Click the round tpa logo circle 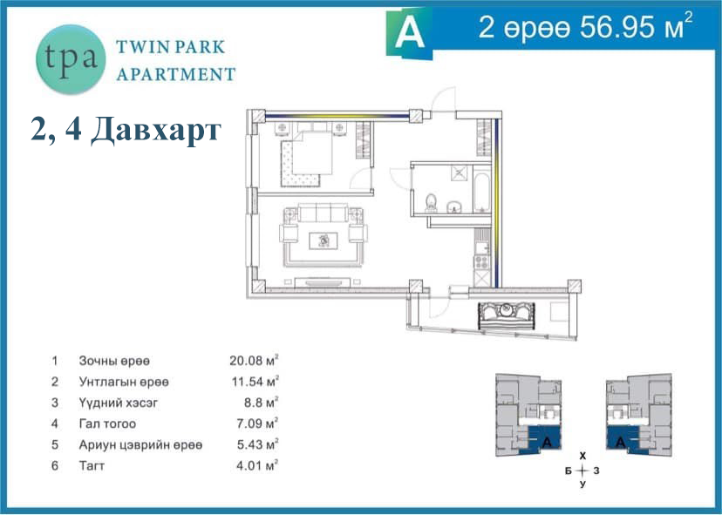pyautogui.click(x=71, y=59)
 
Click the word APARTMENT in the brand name pyautogui.click(x=176, y=74)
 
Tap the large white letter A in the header pyautogui.click(x=409, y=33)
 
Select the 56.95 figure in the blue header pyautogui.click(x=617, y=28)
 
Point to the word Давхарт pyautogui.click(x=156, y=130)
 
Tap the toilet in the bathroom pyautogui.click(x=431, y=202)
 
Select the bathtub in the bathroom pyautogui.click(x=482, y=192)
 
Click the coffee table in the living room pyautogui.click(x=324, y=241)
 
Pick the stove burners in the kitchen pyautogui.click(x=481, y=262)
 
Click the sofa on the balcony pyautogui.click(x=506, y=315)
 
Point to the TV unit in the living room pyautogui.click(x=323, y=282)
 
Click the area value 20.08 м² pyautogui.click(x=254, y=360)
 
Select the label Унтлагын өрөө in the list pyautogui.click(x=124, y=382)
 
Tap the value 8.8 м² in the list pyautogui.click(x=261, y=403)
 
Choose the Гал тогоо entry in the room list pyautogui.click(x=107, y=424)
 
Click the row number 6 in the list pyautogui.click(x=55, y=465)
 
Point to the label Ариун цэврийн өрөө pyautogui.click(x=140, y=444)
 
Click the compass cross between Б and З pyautogui.click(x=582, y=471)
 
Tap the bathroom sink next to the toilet pyautogui.click(x=454, y=207)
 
